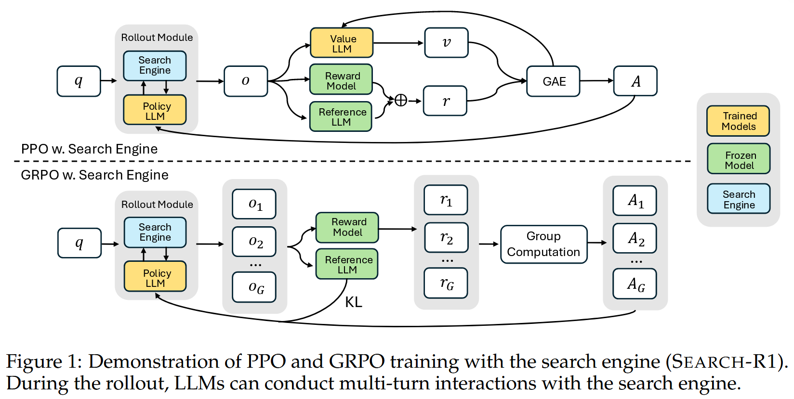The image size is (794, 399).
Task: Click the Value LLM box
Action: point(342,43)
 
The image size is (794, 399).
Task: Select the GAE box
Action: point(553,81)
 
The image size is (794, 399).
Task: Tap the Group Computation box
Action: point(543,244)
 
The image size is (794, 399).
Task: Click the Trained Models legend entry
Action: point(738,121)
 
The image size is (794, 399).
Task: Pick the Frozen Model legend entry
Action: point(739,159)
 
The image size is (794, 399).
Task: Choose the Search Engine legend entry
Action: point(739,199)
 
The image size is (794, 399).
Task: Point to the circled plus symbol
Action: point(400,101)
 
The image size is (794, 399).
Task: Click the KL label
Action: point(354,302)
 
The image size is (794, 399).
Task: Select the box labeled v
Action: point(446,43)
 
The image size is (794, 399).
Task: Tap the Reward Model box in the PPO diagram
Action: point(341,80)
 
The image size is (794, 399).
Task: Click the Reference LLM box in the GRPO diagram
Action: point(347,264)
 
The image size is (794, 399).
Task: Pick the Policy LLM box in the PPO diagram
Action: point(155,110)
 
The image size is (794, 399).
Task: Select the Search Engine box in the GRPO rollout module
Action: point(155,232)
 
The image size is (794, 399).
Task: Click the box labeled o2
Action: point(254,242)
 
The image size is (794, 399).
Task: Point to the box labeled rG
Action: point(446,283)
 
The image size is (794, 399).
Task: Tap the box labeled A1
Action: point(635,201)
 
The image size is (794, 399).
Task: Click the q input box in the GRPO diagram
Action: point(79,243)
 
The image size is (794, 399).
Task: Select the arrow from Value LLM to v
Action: point(398,43)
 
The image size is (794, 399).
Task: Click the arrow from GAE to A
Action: point(596,81)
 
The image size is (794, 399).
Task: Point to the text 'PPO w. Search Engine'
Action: point(89,149)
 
